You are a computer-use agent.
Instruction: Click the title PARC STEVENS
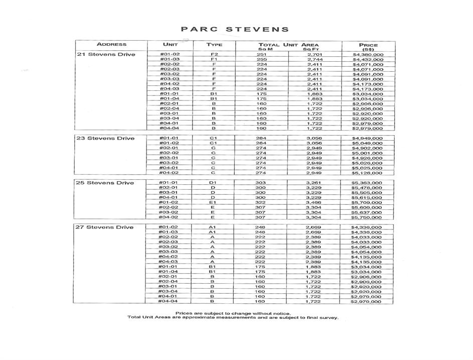235,29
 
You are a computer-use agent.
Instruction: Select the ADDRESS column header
111,45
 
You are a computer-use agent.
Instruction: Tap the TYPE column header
214,45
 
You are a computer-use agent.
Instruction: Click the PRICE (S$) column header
368,47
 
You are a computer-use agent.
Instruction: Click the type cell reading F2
214,54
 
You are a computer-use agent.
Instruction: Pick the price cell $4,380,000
368,54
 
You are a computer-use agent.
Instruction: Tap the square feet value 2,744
314,59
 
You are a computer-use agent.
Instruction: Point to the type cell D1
213,183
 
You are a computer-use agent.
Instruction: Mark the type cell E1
213,202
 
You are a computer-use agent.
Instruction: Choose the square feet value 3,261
314,183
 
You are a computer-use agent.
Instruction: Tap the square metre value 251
261,54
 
